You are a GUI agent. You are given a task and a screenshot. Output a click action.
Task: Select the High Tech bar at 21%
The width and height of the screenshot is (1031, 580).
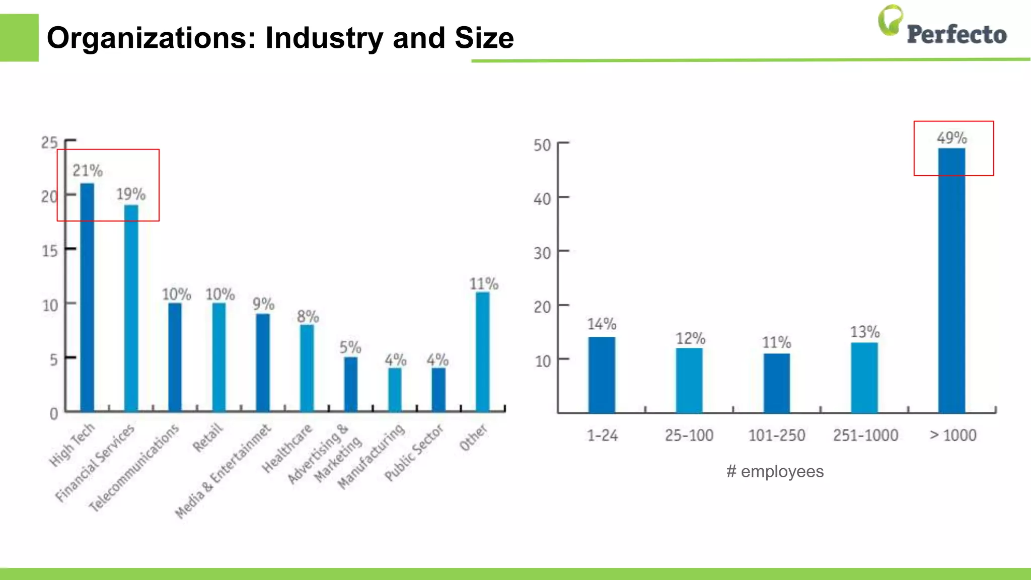tap(87, 297)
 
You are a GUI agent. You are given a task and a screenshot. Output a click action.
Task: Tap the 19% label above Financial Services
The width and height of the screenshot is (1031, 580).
tap(131, 194)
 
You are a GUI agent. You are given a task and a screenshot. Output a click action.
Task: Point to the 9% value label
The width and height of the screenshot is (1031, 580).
tap(263, 304)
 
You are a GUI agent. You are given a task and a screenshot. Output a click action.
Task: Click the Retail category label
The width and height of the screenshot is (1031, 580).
tap(207, 438)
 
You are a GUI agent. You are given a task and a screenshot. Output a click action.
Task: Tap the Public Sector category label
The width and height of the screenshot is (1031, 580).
tap(414, 452)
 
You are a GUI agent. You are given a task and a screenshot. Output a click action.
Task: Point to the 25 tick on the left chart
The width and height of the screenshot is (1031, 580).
tap(49, 143)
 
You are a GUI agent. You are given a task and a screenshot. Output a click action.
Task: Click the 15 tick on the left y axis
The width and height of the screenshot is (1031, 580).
tap(50, 251)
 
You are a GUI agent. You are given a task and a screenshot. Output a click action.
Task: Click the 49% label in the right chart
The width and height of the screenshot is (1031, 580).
tap(951, 138)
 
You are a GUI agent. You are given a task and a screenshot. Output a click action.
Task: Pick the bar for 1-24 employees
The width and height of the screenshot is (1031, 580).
tap(602, 375)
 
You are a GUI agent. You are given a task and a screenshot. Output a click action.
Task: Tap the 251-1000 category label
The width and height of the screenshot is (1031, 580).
tap(865, 435)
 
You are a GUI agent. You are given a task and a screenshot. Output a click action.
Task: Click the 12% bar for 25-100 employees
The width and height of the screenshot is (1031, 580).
tap(689, 381)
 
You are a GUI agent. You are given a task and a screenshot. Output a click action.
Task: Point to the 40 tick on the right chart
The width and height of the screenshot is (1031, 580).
tap(542, 199)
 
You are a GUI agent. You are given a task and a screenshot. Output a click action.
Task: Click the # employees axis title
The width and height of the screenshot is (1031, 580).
tap(775, 472)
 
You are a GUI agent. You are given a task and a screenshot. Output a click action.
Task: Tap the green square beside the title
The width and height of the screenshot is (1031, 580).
tap(19, 38)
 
